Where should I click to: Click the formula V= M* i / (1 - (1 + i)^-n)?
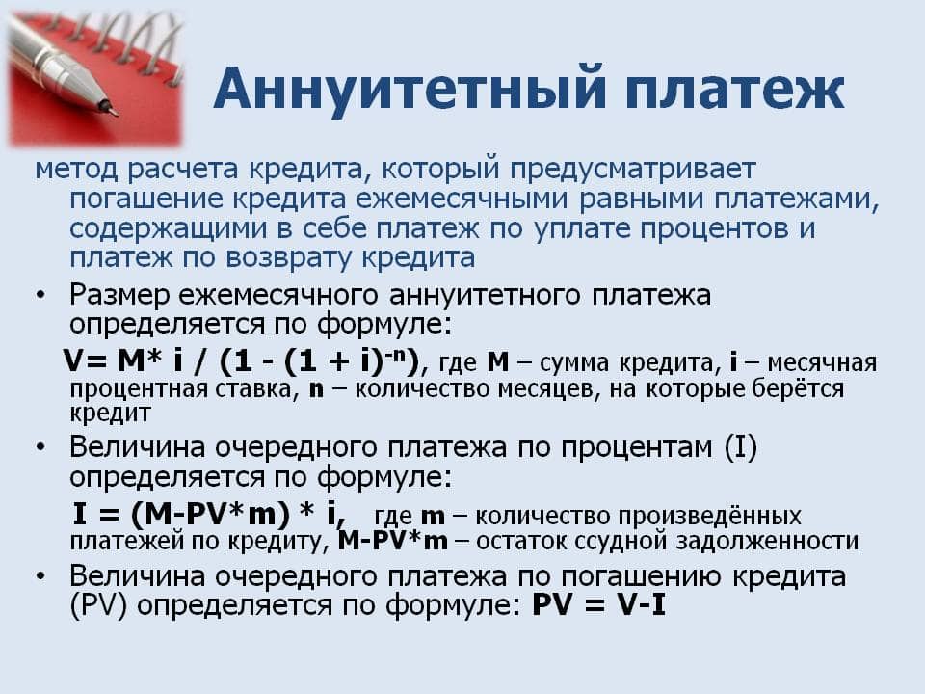(242, 362)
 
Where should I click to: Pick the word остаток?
(529, 541)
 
